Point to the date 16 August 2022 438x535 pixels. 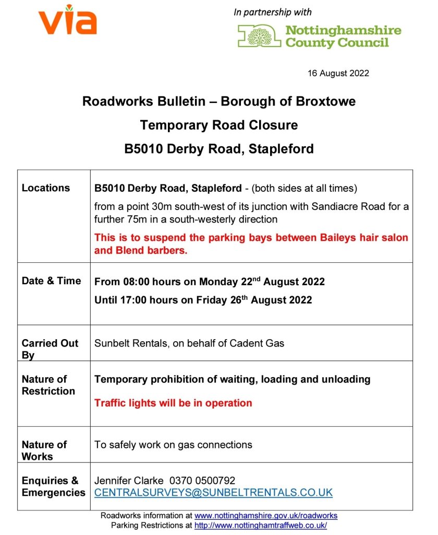338,73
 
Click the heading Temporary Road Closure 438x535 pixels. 219,125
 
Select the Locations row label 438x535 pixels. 46,188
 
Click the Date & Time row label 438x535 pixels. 51,281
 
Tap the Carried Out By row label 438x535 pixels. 50,349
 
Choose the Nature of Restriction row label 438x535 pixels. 48,385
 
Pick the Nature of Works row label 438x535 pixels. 44,450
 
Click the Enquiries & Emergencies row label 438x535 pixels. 53,486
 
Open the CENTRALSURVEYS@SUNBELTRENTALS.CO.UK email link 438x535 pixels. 213,493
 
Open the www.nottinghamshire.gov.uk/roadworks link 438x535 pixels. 266,516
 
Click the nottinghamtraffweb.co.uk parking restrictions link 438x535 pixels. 261,526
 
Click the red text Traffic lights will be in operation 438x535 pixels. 173,403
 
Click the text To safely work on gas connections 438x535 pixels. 173,445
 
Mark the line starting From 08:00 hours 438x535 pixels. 210,282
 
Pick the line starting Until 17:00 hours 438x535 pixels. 203,300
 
